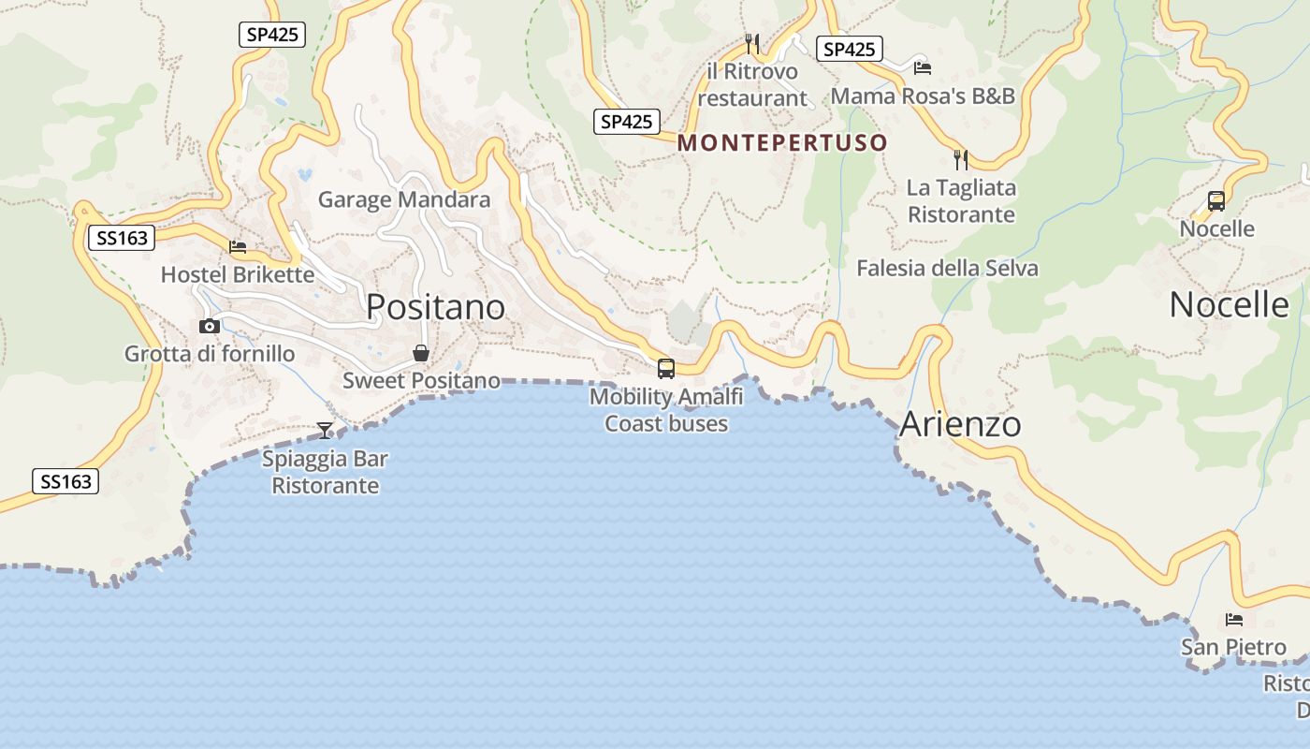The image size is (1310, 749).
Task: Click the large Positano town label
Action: coord(435,307)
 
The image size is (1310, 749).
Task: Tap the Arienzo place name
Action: coord(960,424)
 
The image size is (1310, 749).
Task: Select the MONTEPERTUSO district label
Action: coord(782,143)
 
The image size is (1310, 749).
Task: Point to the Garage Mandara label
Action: coord(404,199)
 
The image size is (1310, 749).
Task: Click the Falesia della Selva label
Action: coord(947,269)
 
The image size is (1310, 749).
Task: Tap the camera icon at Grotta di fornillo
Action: coord(210,326)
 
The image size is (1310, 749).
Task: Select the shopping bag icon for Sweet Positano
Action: coord(421,353)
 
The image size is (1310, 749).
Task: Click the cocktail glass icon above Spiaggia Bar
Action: coord(325,431)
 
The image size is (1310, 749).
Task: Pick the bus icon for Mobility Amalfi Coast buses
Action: coord(666,369)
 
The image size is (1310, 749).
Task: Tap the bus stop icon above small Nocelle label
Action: coord(1216,200)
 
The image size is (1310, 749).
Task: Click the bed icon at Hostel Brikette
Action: coord(238,247)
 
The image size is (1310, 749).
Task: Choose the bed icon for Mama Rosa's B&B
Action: coord(923,67)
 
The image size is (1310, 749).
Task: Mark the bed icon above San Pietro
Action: coord(1234,619)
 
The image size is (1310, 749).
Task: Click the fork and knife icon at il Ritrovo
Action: coord(751,43)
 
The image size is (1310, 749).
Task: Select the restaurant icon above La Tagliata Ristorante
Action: coord(961,159)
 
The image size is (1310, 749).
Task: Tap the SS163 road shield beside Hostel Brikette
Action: coord(122,238)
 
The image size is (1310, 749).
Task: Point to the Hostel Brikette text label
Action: coord(238,274)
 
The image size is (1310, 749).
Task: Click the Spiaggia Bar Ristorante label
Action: coord(325,473)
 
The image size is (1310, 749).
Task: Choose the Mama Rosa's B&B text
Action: coord(923,95)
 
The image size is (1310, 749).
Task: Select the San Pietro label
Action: coord(1233,647)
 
